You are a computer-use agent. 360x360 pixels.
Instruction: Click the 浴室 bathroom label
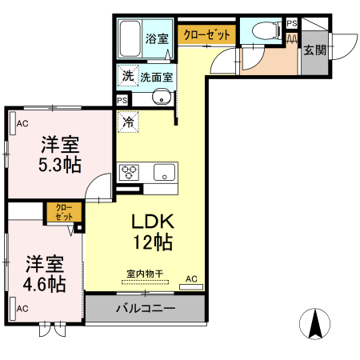[157, 38]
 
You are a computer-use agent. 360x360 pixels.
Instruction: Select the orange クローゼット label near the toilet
[206, 34]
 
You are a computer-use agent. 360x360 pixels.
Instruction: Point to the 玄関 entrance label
[314, 50]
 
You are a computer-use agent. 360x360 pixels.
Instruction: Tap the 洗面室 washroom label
[157, 78]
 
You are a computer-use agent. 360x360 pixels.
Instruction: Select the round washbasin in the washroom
[162, 98]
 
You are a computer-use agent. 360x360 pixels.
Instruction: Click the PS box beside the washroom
[122, 100]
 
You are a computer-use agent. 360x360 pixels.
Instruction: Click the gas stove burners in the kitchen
[130, 172]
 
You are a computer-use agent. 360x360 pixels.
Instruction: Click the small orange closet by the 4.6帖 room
[62, 212]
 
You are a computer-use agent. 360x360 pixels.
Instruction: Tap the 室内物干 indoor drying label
[145, 274]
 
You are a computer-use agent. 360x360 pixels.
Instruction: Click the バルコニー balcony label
[145, 309]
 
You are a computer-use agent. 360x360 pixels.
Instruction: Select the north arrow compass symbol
[314, 323]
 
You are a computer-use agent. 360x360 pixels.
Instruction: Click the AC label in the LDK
[191, 278]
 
